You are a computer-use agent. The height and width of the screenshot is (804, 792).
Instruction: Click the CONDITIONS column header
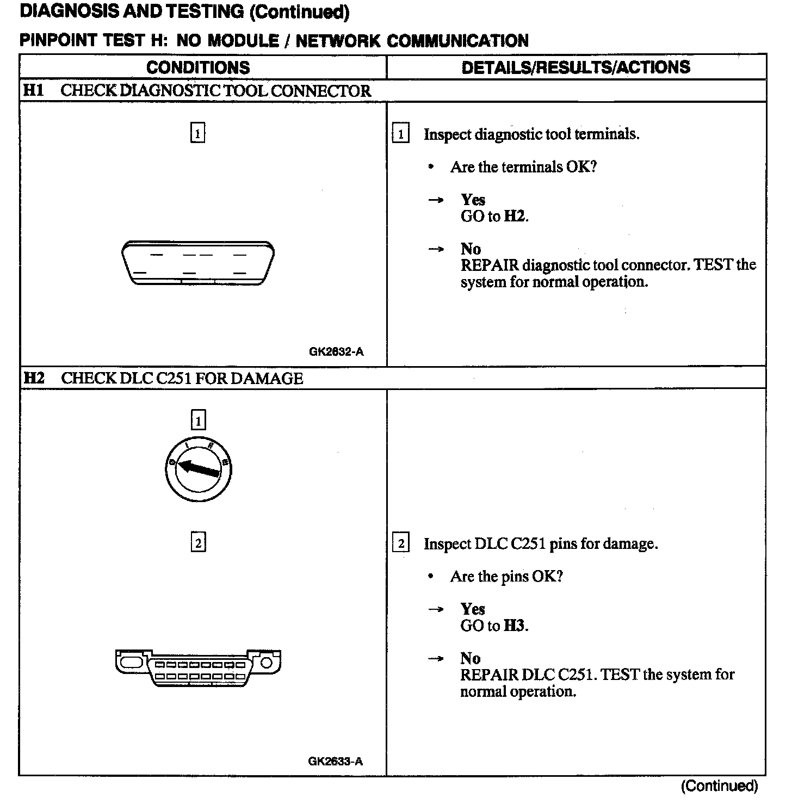tap(198, 67)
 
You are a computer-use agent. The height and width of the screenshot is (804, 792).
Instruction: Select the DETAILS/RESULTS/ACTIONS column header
tap(576, 67)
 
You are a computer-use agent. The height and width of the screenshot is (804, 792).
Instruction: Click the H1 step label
tap(33, 90)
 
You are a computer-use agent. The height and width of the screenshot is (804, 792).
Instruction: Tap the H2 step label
tap(34, 378)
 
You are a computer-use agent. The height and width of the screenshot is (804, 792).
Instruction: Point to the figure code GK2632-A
tap(336, 351)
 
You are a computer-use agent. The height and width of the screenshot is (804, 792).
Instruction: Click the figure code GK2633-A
tap(335, 761)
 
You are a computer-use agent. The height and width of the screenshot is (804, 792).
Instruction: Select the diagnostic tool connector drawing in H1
tap(198, 263)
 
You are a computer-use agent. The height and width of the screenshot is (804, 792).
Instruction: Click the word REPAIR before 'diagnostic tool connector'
tap(490, 265)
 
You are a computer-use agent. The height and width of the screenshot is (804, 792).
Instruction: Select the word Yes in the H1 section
tap(473, 200)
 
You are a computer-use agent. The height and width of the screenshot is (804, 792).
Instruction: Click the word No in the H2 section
tap(470, 659)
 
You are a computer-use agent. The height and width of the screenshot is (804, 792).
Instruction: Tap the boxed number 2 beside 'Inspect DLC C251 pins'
tap(400, 543)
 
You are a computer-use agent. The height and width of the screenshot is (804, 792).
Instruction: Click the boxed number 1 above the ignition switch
tap(198, 420)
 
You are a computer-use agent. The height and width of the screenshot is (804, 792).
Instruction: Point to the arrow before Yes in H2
tap(435, 610)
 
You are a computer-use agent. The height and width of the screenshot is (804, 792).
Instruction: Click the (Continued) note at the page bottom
tap(719, 786)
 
